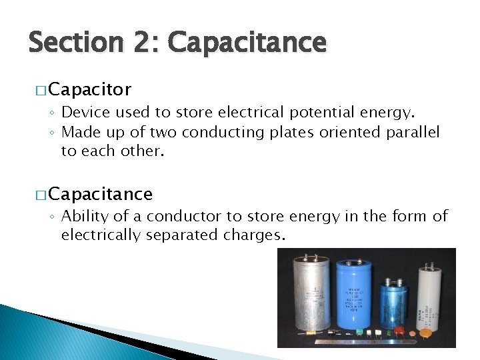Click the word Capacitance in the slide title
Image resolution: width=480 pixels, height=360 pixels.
click(247, 44)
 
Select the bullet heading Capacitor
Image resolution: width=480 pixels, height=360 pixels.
click(89, 89)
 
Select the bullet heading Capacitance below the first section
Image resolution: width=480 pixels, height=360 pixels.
click(100, 194)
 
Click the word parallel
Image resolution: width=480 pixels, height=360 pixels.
click(413, 133)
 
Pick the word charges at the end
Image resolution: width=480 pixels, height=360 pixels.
click(257, 235)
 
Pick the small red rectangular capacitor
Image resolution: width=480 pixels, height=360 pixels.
click(400, 329)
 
